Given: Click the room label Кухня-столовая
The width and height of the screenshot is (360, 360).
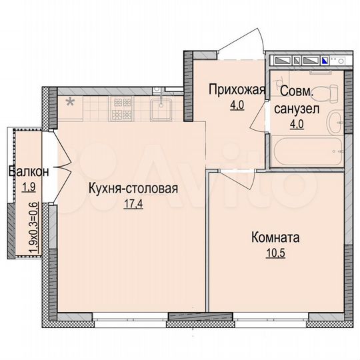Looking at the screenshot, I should pyautogui.click(x=133, y=188).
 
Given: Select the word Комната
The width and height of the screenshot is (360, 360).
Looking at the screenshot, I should pyautogui.click(x=275, y=237).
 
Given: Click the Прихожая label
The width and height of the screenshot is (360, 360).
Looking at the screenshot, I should pyautogui.click(x=237, y=89).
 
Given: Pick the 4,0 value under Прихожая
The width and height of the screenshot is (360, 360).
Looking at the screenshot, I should pyautogui.click(x=237, y=104).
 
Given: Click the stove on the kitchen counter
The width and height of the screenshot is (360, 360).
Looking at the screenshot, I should pyautogui.click(x=123, y=109).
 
